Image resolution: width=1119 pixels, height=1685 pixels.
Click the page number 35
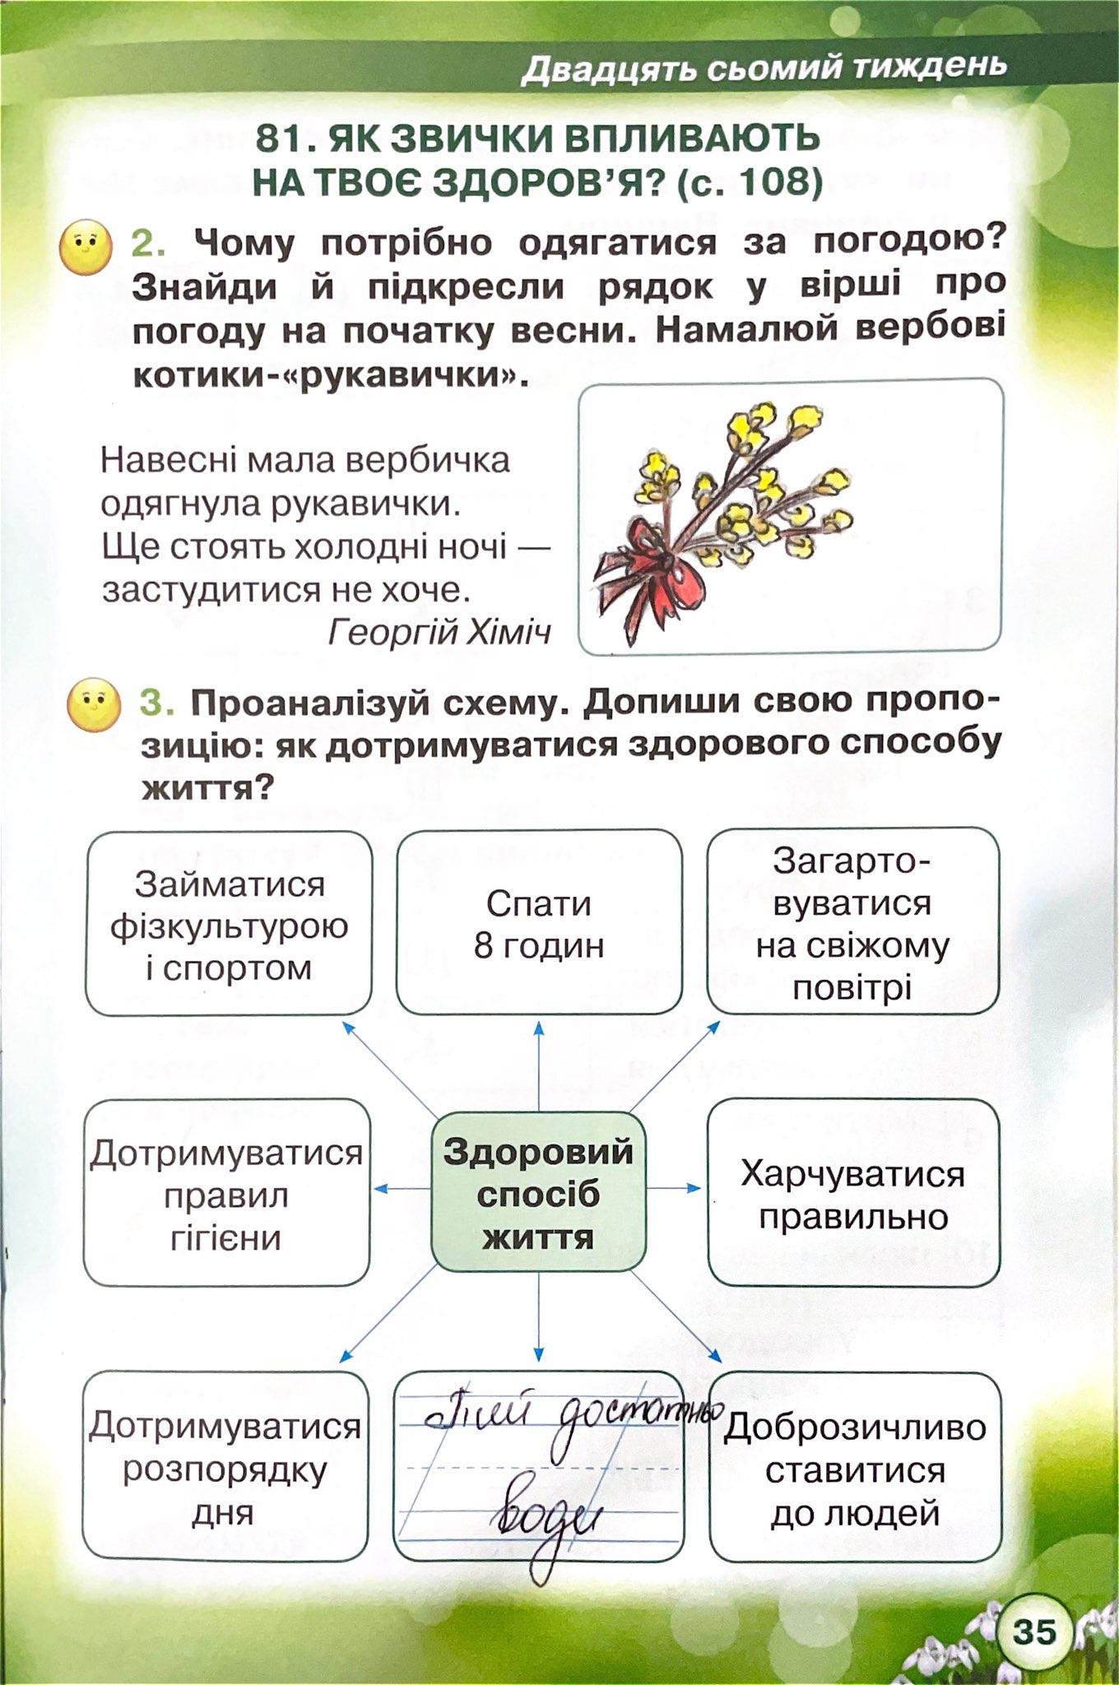1034,1631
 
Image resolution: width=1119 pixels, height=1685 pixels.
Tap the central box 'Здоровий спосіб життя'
538,1192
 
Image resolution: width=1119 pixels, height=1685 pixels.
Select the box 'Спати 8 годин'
539,923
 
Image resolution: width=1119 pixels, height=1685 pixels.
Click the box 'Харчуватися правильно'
853,1195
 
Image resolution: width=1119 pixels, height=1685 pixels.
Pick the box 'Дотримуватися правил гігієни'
226,1195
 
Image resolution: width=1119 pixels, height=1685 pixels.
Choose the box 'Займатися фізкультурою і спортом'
229,925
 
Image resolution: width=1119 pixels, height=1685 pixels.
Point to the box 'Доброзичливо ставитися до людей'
855,1469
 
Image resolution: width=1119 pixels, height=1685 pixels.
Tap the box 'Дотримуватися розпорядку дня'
225,1469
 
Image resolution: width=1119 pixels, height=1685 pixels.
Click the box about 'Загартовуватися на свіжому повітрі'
852,923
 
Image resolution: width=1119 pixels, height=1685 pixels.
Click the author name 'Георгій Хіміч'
439,632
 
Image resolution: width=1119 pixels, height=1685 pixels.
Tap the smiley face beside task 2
86,247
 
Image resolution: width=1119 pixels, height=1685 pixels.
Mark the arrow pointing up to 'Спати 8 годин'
539,1065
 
